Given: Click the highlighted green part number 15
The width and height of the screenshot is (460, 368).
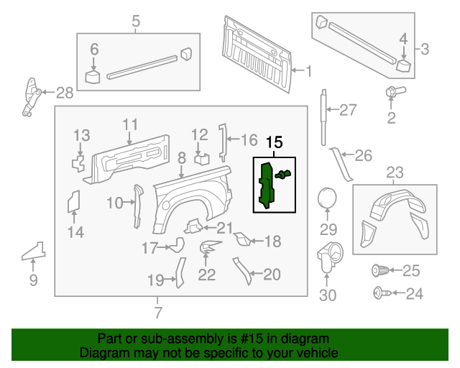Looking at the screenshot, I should [267, 185].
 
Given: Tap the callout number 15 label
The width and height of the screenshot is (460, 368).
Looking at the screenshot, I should [274, 144].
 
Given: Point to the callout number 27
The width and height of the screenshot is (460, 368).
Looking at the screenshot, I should [348, 110].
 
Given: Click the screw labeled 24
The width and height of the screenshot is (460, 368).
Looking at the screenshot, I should [379, 293].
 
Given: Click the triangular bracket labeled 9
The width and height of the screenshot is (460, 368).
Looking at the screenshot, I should [33, 252].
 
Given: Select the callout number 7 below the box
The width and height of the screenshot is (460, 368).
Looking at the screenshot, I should [158, 313].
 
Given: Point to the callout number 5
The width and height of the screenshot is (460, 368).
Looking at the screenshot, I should [136, 23].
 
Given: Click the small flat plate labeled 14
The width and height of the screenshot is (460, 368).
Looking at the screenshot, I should [73, 202].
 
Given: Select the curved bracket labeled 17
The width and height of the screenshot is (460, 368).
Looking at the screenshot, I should [175, 247].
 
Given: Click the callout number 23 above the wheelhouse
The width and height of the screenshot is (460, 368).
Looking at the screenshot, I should [395, 172].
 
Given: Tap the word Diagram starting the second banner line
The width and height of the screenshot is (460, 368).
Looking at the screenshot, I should [105, 354].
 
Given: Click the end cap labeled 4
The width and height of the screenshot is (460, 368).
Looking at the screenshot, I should [404, 65].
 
